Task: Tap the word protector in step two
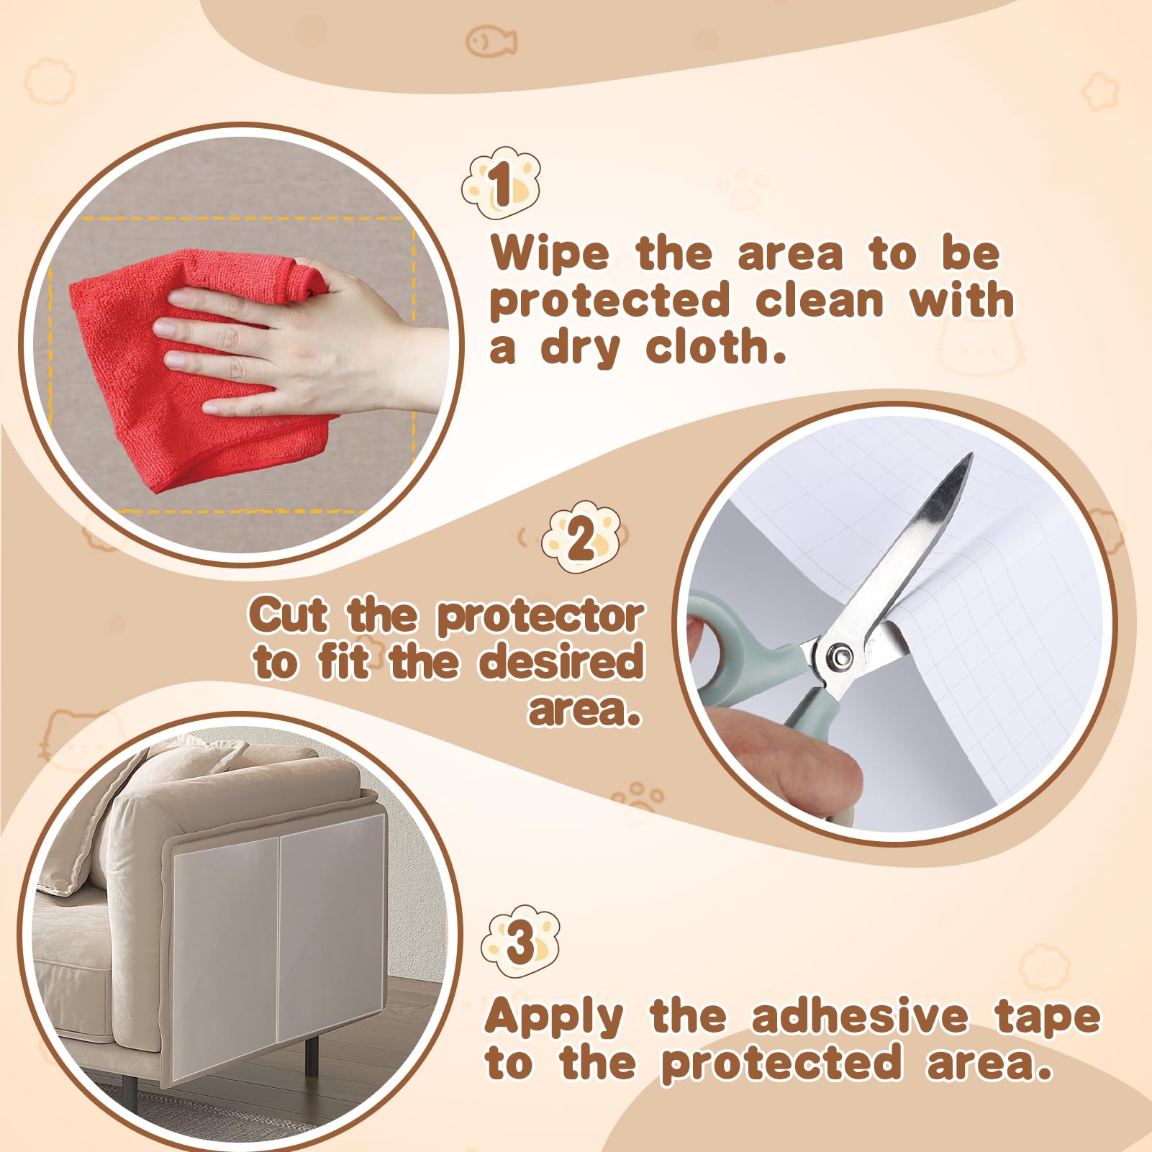tap(540, 617)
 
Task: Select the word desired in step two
tap(561, 663)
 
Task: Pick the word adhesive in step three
tap(860, 1016)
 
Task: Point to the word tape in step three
tap(1048, 1017)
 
